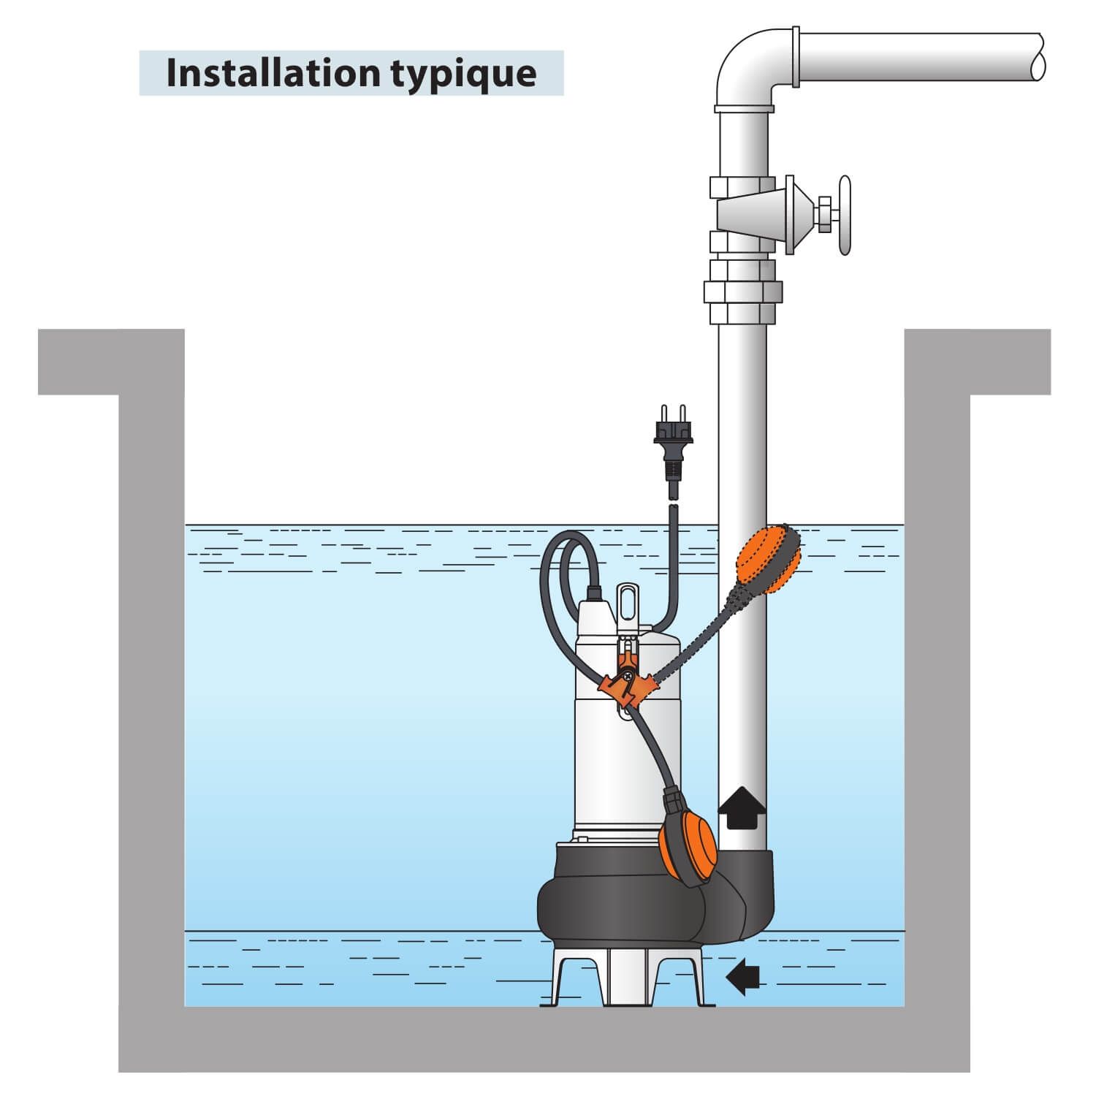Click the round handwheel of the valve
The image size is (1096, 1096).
(845, 215)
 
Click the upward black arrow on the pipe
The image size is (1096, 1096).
(742, 807)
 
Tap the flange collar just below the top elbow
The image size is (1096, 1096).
(743, 110)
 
